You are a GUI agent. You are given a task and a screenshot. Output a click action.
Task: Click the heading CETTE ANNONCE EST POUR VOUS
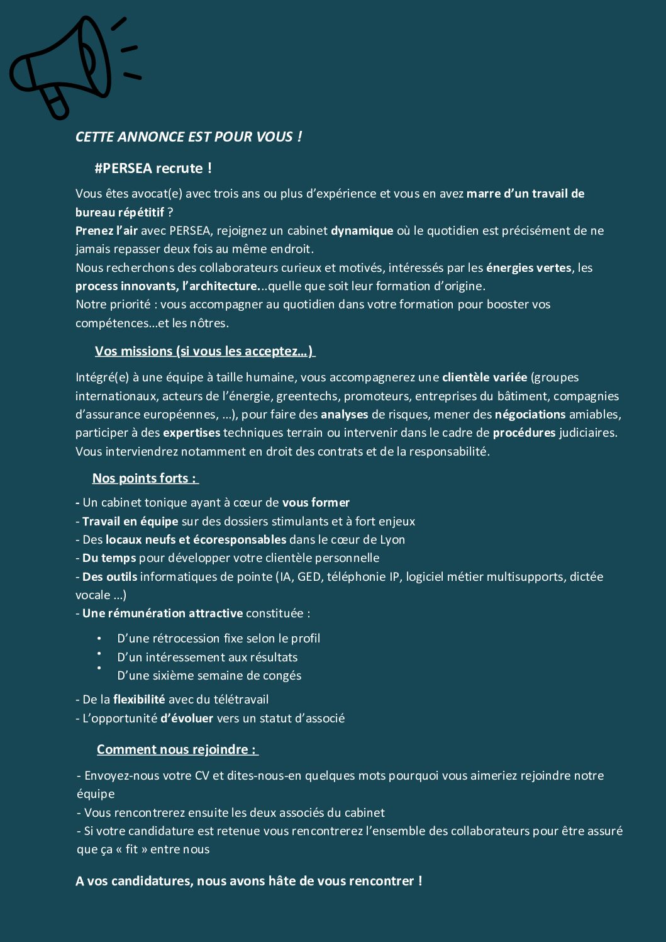coord(188,137)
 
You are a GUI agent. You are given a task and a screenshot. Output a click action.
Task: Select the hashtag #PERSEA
coord(123,168)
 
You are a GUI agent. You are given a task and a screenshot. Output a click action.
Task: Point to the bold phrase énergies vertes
coord(528,267)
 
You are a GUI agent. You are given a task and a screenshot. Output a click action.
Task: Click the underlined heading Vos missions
coord(204,351)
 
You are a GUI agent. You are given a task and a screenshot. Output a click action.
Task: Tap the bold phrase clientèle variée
coord(484,377)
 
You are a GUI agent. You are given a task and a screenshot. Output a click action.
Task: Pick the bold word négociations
coord(530,414)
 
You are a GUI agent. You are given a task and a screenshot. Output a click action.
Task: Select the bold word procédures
coord(524,432)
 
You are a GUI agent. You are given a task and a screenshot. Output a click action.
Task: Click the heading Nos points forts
coord(145,478)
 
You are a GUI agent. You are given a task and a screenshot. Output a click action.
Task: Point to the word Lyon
coord(392,539)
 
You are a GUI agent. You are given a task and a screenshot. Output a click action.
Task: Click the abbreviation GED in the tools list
coord(309,576)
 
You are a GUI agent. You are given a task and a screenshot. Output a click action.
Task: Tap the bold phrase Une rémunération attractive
coord(162,613)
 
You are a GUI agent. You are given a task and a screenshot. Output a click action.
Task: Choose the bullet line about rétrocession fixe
coord(218,638)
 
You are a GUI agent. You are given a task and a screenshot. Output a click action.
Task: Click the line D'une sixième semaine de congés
coord(209,675)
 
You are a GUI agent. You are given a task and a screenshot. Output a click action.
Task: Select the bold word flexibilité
coord(139,699)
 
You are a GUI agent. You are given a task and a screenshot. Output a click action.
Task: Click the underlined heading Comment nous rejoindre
coord(177,749)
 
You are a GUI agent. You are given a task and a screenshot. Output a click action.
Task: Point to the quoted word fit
coord(131,849)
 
